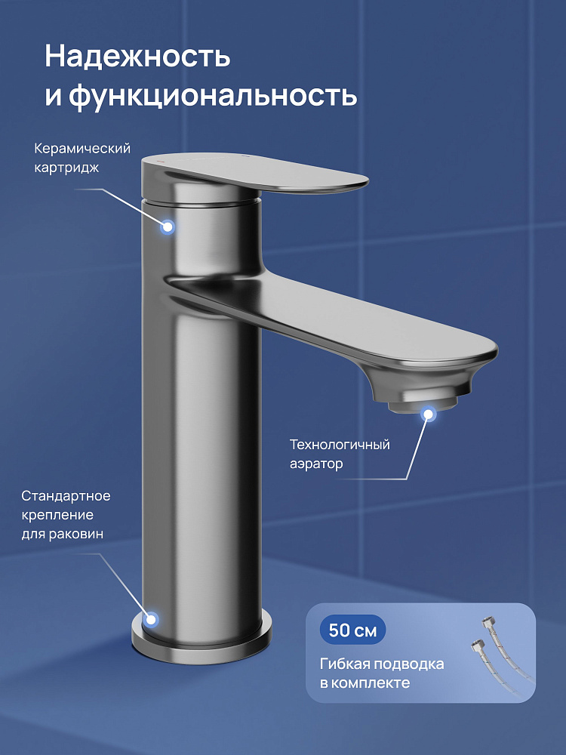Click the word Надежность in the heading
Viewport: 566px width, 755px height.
coord(137,57)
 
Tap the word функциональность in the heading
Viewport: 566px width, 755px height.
coord(213,95)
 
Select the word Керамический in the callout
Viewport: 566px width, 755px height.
coord(82,149)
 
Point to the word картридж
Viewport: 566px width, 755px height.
coord(66,168)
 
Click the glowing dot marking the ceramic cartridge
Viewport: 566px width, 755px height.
coord(168,226)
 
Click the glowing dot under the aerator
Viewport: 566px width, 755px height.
coord(428,414)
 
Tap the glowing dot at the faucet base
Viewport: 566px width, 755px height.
coord(152,619)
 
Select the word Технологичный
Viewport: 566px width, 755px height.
coord(340,444)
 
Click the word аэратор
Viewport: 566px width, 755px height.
coord(316,464)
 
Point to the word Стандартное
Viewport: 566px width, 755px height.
coord(66,496)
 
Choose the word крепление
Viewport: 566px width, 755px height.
coord(57,515)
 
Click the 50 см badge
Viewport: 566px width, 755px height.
coord(352,630)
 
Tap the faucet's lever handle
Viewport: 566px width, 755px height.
coord(255,174)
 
